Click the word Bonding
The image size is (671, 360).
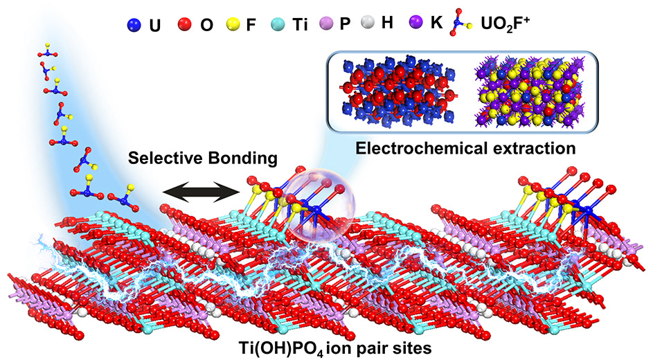[245, 159]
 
